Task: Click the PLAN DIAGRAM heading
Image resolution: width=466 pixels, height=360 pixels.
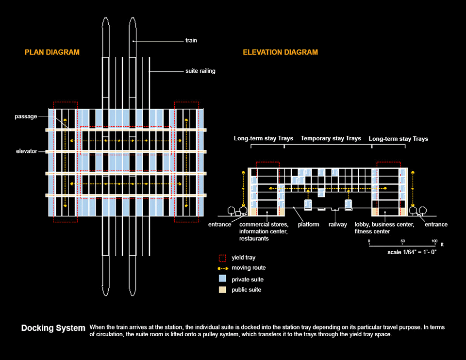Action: pyautogui.click(x=52, y=52)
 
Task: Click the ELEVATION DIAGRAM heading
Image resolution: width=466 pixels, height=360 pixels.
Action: pyautogui.click(x=280, y=52)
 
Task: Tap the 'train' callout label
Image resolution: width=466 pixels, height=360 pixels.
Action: pyautogui.click(x=191, y=40)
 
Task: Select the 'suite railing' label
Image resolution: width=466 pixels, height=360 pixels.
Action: pyautogui.click(x=200, y=71)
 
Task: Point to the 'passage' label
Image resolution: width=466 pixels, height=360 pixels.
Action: pyautogui.click(x=26, y=116)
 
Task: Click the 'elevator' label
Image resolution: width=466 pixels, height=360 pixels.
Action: pyautogui.click(x=26, y=151)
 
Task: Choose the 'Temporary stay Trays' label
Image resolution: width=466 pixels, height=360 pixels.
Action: pyautogui.click(x=331, y=138)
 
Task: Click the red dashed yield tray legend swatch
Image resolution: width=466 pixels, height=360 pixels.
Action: pyautogui.click(x=222, y=258)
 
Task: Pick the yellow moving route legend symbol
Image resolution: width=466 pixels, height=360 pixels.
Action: pyautogui.click(x=223, y=268)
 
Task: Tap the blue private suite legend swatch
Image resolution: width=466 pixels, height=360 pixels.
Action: pyautogui.click(x=222, y=278)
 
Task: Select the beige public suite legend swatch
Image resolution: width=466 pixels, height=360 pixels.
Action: pyautogui.click(x=222, y=290)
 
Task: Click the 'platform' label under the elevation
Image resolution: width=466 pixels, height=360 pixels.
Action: pyautogui.click(x=309, y=225)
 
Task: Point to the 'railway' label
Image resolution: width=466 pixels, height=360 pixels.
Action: pyautogui.click(x=338, y=225)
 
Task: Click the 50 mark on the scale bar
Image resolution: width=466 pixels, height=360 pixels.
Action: pyautogui.click(x=402, y=241)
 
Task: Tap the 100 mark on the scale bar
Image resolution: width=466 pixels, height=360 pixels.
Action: pyautogui.click(x=434, y=241)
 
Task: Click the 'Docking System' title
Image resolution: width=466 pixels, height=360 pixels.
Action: pyautogui.click(x=53, y=328)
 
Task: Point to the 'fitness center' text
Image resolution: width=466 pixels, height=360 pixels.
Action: pyautogui.click(x=372, y=231)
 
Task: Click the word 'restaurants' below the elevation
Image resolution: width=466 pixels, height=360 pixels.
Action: pyautogui.click(x=254, y=239)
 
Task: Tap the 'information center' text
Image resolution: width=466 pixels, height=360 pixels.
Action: pyautogui.click(x=263, y=231)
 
